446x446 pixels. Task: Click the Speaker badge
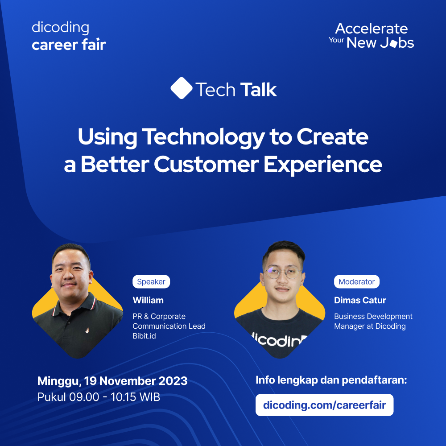[151, 282]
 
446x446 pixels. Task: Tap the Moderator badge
[357, 282]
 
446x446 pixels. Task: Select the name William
[148, 300]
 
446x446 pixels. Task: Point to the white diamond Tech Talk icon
[181, 88]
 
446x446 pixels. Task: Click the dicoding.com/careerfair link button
[324, 405]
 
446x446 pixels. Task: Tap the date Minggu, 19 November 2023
[112, 381]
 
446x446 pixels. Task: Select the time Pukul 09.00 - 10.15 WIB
[99, 397]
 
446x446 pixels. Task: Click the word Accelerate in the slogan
[372, 29]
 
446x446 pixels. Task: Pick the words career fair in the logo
[69, 45]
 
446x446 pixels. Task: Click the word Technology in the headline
[203, 137]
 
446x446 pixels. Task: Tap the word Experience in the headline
[322, 164]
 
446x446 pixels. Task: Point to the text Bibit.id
[145, 336]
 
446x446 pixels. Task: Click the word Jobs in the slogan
[393, 43]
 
